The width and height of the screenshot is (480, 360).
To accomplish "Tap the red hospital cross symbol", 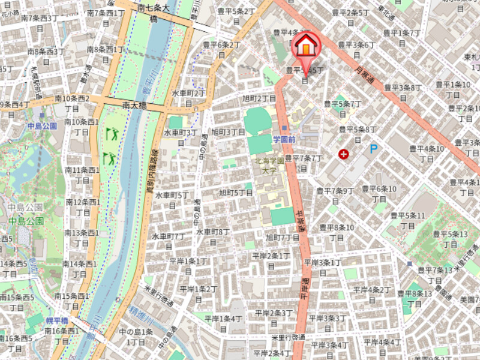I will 344,154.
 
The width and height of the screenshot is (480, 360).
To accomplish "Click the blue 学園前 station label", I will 284,139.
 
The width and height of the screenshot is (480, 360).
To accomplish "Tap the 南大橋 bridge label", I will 134,105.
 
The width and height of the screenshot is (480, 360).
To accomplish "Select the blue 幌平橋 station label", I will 57,320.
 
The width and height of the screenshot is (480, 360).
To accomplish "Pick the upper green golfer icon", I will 111,133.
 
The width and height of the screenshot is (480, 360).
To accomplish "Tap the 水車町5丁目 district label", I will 172,200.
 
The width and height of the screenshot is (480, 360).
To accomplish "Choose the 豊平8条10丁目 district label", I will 336,232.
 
